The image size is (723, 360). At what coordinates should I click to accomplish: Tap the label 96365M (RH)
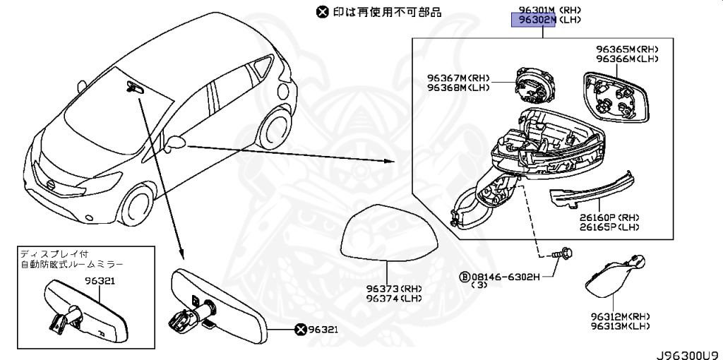coord(627,49)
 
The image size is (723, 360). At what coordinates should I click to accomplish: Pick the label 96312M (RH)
coord(620,316)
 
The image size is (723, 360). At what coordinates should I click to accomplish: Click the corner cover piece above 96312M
coord(614,277)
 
